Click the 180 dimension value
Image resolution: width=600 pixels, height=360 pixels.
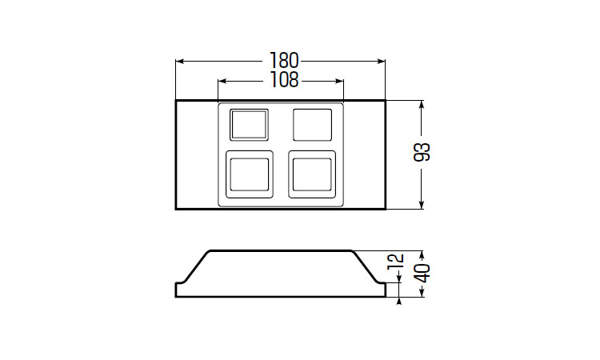(284, 61)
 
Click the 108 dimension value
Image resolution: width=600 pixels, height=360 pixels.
(284, 80)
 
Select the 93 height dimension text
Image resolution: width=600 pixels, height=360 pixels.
(422, 152)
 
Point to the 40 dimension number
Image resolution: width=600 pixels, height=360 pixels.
(422, 273)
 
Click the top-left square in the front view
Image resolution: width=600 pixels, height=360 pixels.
(249, 125)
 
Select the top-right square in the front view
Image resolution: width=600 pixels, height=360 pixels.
(312, 125)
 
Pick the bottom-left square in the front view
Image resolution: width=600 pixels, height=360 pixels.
(250, 174)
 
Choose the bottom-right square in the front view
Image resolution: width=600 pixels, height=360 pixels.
(312, 174)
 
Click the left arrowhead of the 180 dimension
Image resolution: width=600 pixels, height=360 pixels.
(180, 61)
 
